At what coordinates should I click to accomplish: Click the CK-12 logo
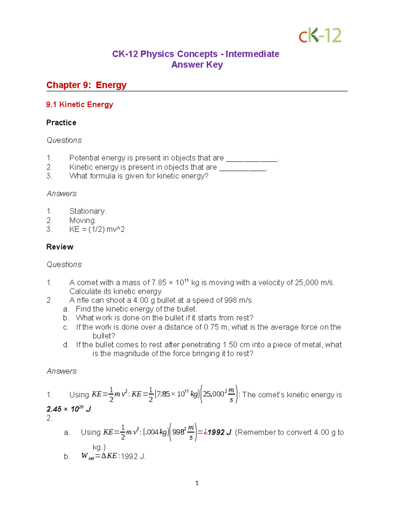coord(320,35)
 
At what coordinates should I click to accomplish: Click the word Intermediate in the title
coord(252,54)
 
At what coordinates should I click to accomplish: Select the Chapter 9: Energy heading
coord(86,85)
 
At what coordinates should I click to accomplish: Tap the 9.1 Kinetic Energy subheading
coord(79,104)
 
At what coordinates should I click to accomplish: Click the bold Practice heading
coord(61,122)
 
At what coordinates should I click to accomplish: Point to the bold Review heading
coord(60,247)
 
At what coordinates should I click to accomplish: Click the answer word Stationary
coord(87,211)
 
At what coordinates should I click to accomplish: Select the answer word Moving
coord(82,220)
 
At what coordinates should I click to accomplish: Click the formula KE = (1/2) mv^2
coord(97,229)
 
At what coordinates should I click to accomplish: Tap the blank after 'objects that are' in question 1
coord(252,158)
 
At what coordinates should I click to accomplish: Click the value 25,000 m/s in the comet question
coord(314,282)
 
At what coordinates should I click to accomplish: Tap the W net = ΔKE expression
coord(99,456)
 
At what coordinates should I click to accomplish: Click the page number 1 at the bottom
coord(197,483)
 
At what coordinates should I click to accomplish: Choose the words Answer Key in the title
coord(197,65)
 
